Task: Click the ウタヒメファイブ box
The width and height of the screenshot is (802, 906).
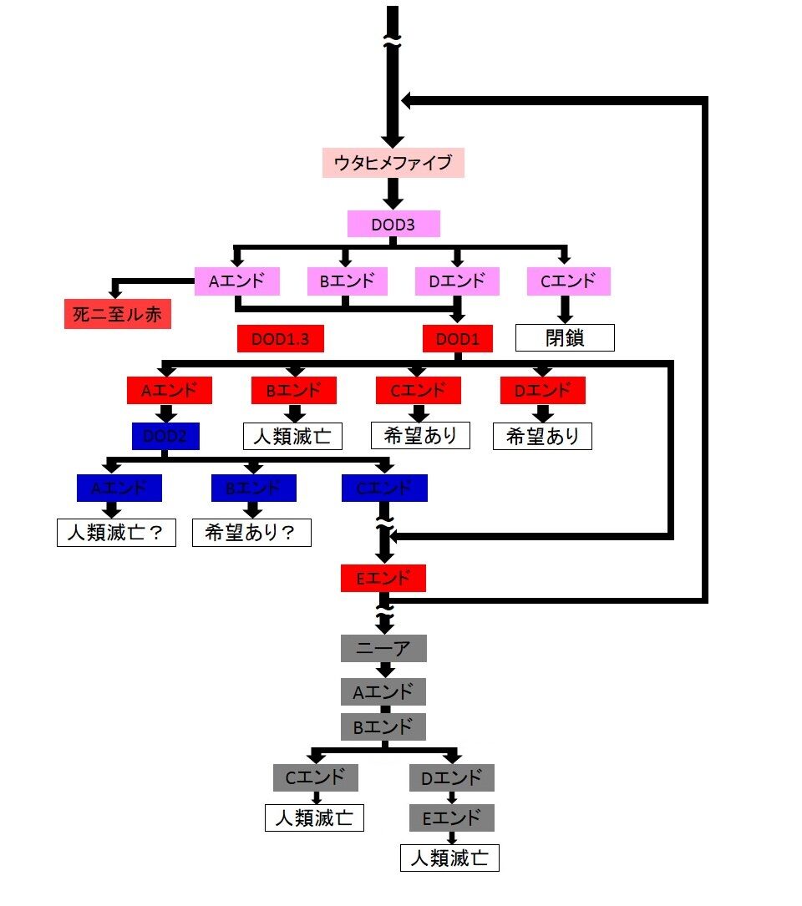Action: (x=393, y=162)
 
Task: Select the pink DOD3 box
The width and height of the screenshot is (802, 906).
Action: (x=393, y=223)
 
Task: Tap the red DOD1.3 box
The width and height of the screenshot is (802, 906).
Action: (x=280, y=338)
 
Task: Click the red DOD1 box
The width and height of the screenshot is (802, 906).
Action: (x=458, y=338)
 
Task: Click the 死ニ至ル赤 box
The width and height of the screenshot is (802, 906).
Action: (x=118, y=314)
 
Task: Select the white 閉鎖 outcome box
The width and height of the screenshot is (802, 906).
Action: (x=565, y=337)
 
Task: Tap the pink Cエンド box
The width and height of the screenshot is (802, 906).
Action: (x=568, y=281)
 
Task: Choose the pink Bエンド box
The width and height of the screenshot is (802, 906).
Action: (x=347, y=281)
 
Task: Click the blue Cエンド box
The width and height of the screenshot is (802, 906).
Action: (x=384, y=488)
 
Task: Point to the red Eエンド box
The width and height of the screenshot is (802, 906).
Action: (x=383, y=578)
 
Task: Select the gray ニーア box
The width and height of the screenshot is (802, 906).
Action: (x=383, y=648)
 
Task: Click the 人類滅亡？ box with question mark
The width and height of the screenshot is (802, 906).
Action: (x=116, y=532)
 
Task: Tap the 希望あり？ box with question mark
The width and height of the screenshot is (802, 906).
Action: (x=251, y=532)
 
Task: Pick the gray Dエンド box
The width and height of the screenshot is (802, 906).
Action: (x=451, y=778)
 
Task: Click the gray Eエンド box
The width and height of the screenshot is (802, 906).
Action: (x=451, y=817)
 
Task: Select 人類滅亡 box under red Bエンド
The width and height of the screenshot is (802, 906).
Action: (x=292, y=436)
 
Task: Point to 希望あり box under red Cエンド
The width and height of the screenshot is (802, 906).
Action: (x=420, y=434)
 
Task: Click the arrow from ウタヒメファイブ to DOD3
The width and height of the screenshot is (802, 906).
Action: (x=393, y=193)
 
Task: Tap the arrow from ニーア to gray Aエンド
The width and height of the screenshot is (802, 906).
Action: (x=384, y=670)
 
